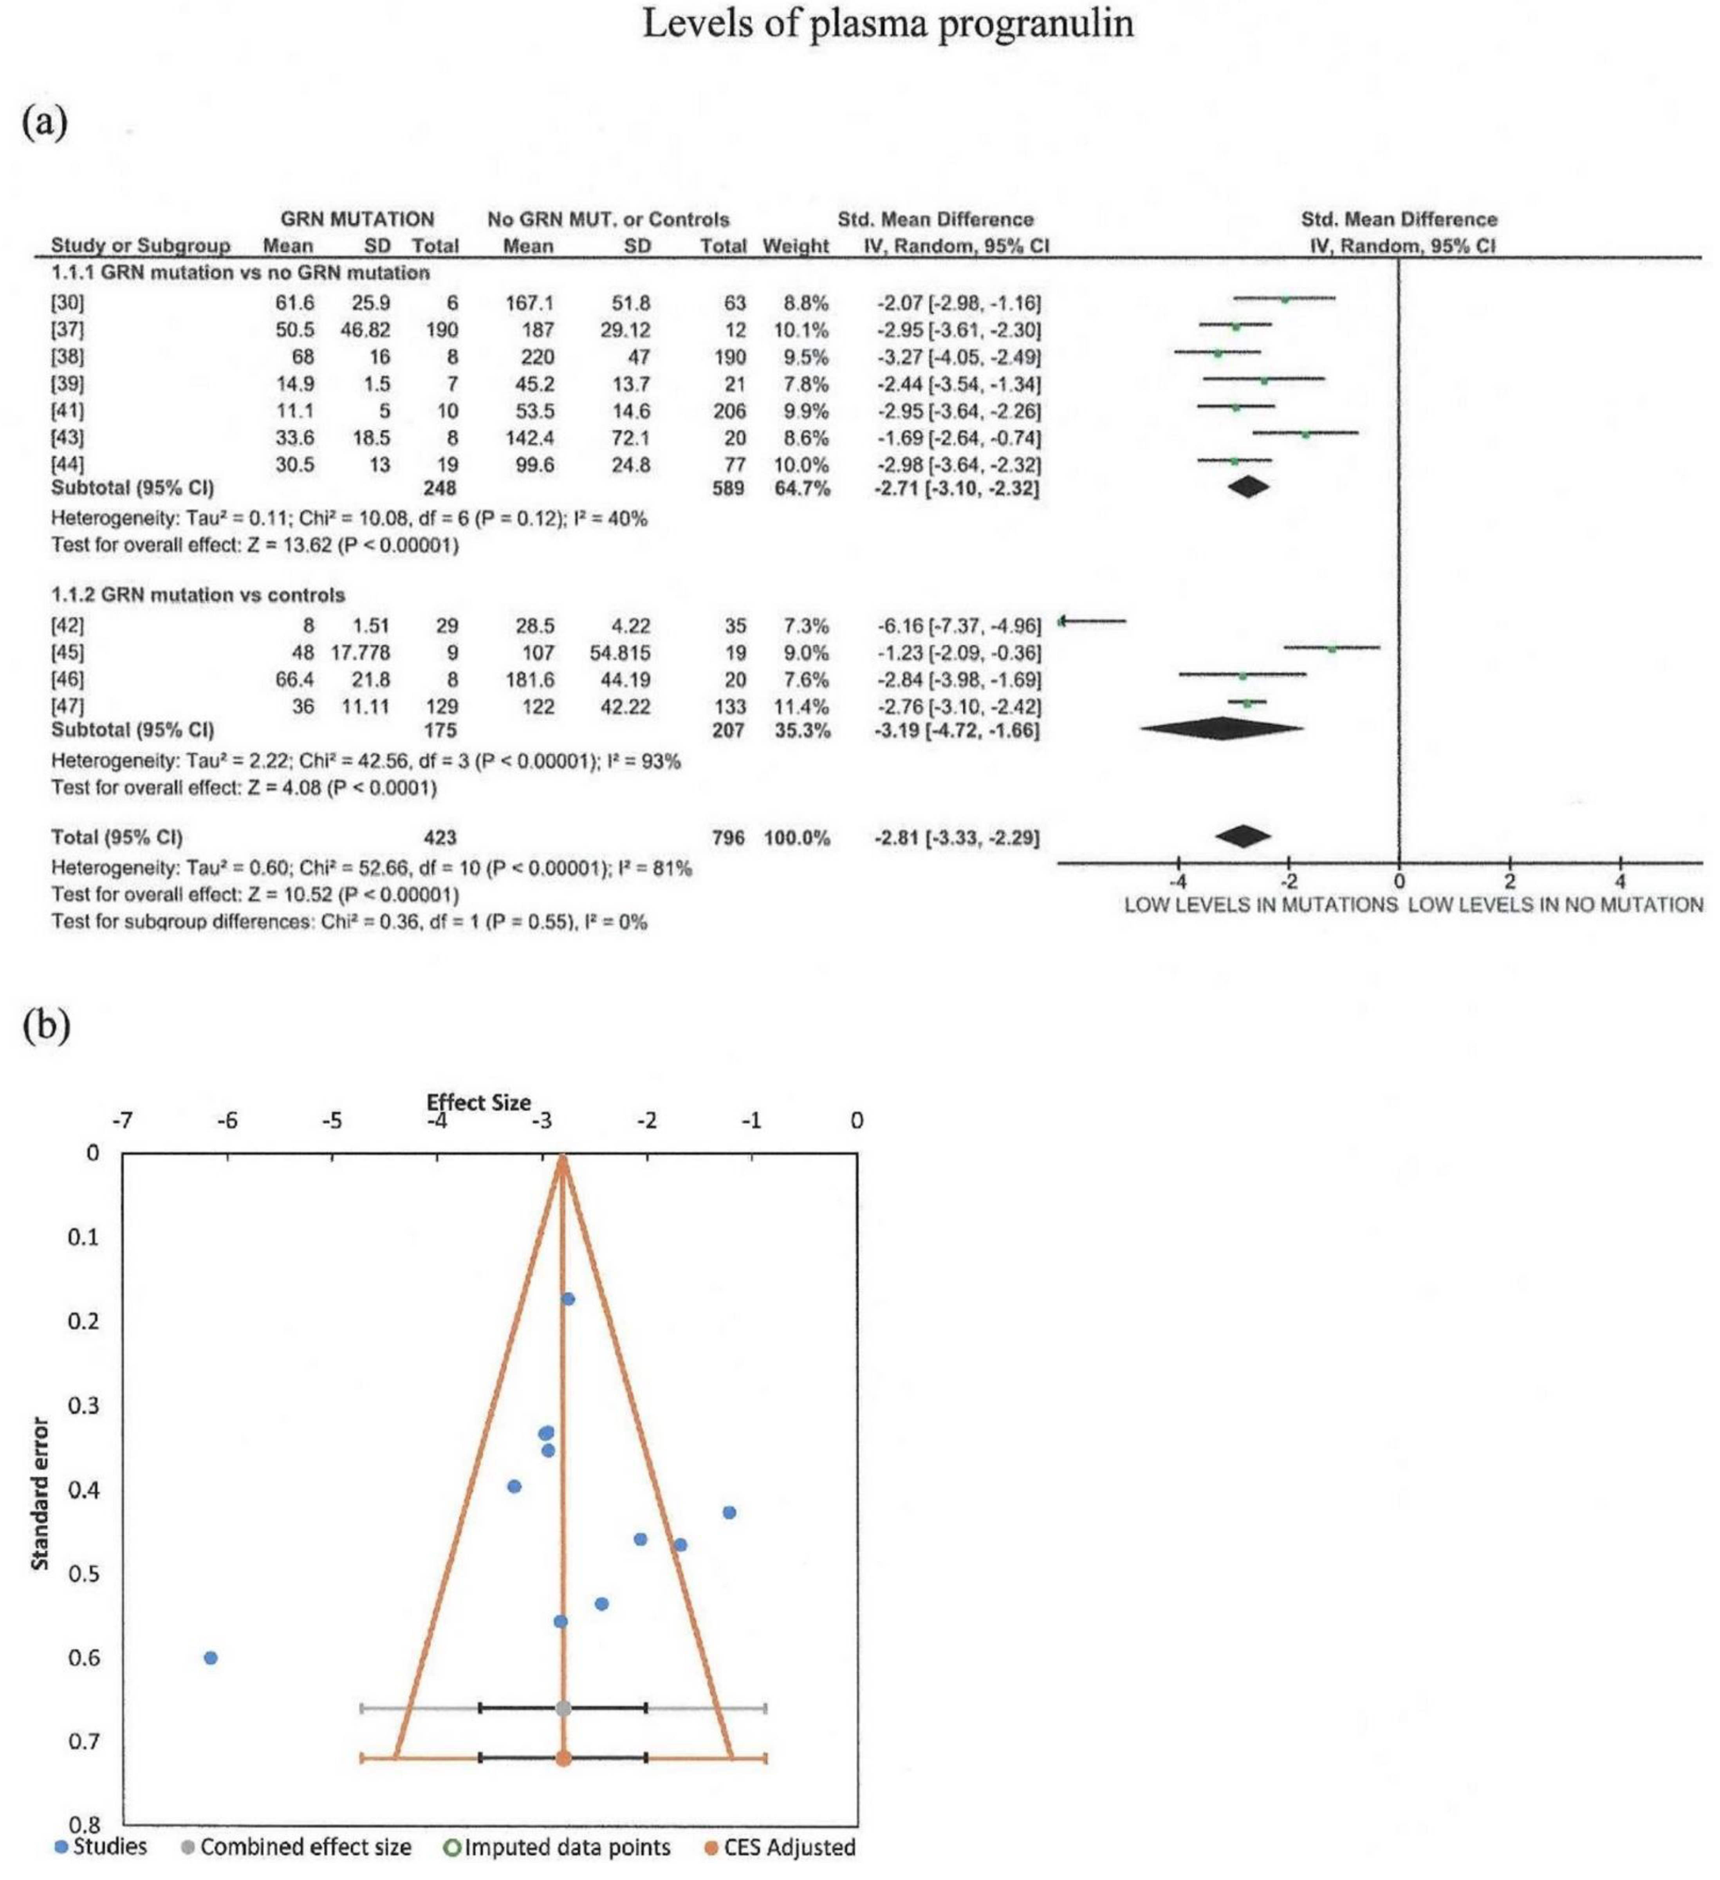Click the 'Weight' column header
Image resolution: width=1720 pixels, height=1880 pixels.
(795, 246)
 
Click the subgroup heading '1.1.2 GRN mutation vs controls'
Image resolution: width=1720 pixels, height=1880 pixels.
(198, 595)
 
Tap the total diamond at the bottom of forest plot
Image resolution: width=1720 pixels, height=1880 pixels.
(1243, 836)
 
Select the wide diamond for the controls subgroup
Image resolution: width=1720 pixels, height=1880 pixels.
(1221, 729)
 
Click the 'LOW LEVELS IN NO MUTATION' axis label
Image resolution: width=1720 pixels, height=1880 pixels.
(1555, 905)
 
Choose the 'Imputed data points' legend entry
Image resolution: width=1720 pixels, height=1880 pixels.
(558, 1847)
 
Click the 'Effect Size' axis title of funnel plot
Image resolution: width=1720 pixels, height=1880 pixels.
(478, 1102)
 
